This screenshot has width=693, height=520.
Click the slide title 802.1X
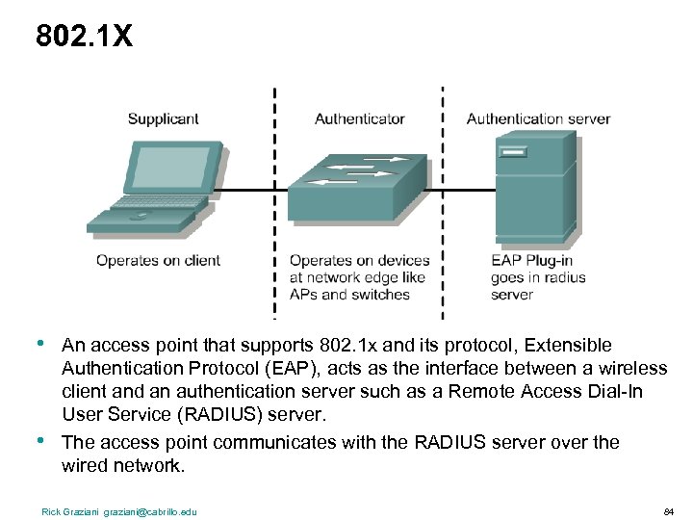pos(84,37)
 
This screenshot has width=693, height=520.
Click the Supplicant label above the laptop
pos(163,119)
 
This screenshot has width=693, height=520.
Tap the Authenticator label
pos(359,119)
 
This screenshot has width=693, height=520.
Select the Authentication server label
pos(538,119)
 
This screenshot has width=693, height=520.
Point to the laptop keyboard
pos(158,204)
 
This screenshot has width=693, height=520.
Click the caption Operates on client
pos(158,260)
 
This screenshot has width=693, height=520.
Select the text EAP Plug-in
pos(531,260)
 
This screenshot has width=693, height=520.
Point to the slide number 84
pos(668,511)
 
